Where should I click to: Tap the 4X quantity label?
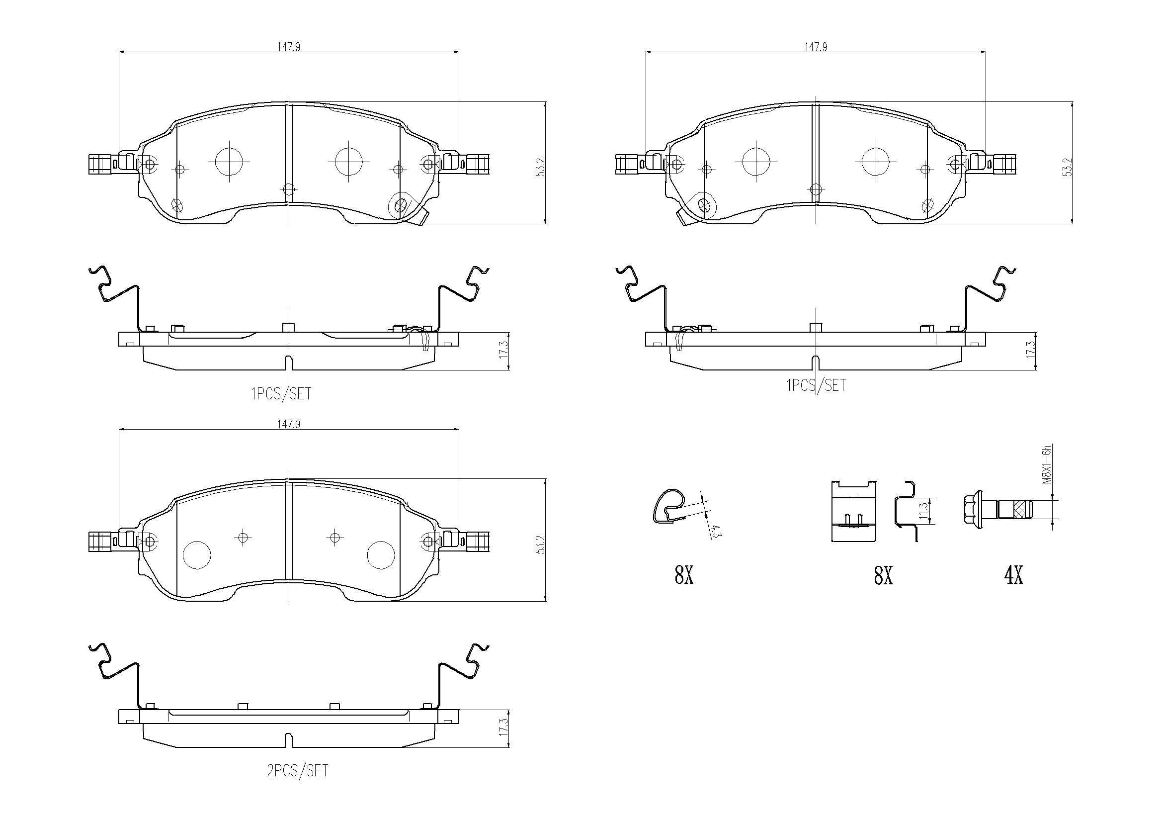1014,575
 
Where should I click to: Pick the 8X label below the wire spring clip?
684,575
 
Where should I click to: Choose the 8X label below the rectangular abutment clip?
883,575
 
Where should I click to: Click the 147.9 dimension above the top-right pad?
816,47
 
